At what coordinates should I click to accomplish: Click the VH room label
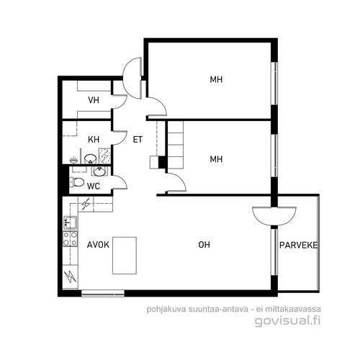pos(94,100)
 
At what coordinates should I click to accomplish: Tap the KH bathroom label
pos(94,140)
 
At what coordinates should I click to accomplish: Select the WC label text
pos(94,186)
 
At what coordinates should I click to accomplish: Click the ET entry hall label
pos(138,140)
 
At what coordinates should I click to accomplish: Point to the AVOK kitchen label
pos(98,245)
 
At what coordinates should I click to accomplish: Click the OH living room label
pos(204,245)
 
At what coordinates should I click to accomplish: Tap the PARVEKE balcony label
pos(298,245)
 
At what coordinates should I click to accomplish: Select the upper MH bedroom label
pos(216,79)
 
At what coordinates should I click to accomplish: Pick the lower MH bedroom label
pos(216,159)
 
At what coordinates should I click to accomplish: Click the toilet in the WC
pos(76,182)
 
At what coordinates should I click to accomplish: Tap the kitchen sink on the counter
pos(71,222)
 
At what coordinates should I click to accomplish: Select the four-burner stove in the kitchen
pos(71,238)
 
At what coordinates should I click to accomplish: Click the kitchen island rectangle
pos(125,256)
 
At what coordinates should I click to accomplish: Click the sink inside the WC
pos(99,171)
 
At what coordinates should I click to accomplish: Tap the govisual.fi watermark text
pos(287,321)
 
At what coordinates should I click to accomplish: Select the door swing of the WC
pos(120,182)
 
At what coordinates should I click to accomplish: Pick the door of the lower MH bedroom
pos(176,182)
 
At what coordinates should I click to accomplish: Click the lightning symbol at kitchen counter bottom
pos(71,276)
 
